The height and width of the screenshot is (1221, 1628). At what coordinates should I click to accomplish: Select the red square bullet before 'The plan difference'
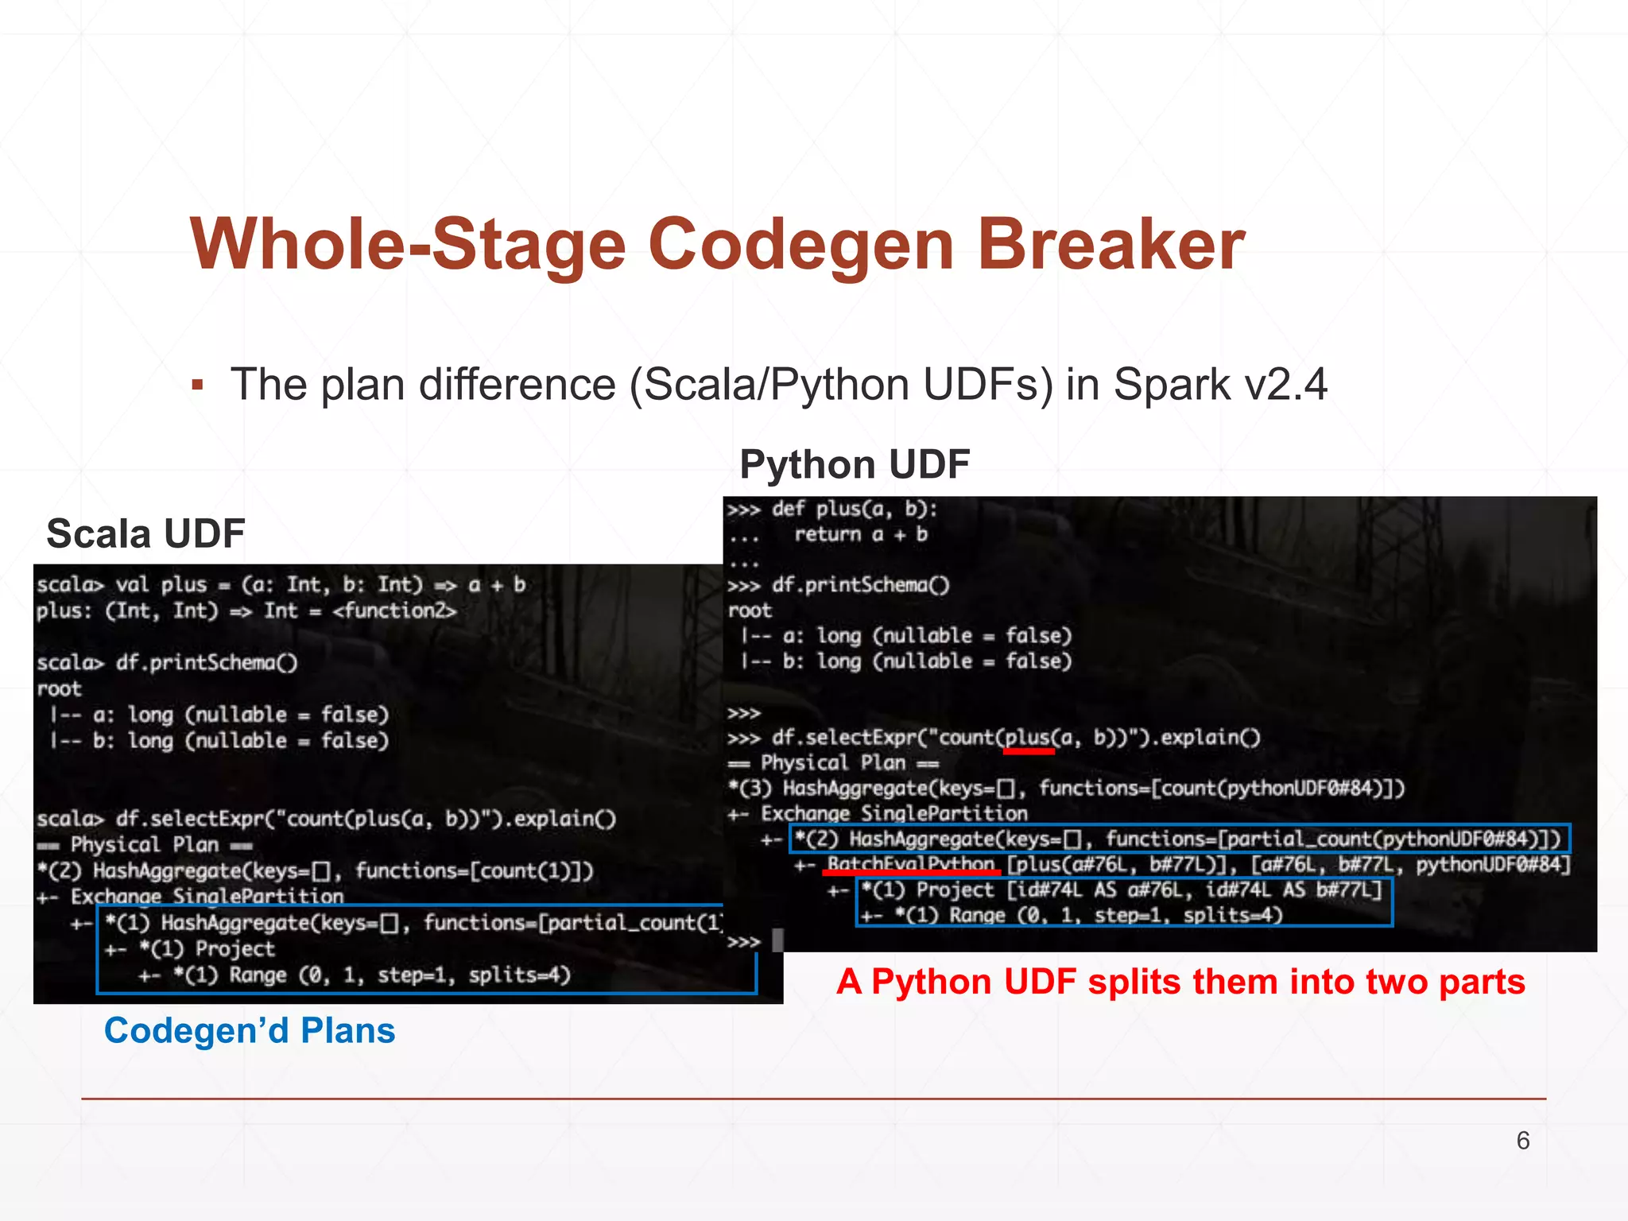coord(198,386)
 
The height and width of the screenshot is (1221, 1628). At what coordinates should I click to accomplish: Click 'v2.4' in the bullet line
coord(1285,385)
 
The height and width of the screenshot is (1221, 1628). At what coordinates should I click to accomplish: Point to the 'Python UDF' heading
coord(855,464)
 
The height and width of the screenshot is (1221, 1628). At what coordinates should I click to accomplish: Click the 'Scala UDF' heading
coord(145,533)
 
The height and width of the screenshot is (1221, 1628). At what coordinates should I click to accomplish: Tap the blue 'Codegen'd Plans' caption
coord(250,1031)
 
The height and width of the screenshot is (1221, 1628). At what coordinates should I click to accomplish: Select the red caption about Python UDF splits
coord(1180,982)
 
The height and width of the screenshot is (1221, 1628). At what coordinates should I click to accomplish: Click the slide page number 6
coord(1522,1141)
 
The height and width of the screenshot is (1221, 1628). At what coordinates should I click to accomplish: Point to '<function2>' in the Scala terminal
coord(394,611)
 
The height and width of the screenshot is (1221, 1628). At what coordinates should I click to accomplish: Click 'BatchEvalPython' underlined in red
coord(911,864)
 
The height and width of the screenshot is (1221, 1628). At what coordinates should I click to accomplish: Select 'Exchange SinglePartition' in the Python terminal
coord(894,813)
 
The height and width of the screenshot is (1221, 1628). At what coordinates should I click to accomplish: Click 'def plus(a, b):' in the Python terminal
coord(855,509)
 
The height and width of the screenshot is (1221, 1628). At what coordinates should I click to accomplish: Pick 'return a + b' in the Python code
coord(861,534)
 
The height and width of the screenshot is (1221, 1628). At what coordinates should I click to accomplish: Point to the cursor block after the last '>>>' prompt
coord(777,940)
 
